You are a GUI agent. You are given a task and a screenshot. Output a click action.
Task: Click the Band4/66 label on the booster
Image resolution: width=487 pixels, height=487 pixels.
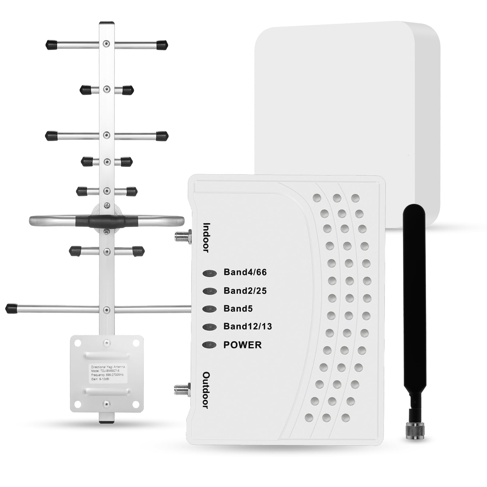click(245, 272)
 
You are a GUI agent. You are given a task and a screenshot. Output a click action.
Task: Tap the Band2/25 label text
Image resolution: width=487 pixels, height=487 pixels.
click(245, 291)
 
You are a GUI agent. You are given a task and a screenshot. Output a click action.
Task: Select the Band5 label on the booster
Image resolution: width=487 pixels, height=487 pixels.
click(238, 308)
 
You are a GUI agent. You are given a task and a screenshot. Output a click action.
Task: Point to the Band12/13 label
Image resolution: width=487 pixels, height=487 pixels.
click(248, 326)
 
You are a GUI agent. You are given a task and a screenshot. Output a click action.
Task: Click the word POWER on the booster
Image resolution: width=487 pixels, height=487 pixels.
click(242, 345)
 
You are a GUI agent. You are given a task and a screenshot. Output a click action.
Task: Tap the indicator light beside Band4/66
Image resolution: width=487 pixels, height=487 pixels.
click(210, 273)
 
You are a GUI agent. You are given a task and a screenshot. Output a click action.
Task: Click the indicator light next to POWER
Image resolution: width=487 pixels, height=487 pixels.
click(209, 345)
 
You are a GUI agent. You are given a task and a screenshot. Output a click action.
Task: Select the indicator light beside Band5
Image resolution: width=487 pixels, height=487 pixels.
click(209, 309)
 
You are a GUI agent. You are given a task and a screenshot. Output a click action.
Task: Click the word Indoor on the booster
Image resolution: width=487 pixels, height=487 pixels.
click(207, 238)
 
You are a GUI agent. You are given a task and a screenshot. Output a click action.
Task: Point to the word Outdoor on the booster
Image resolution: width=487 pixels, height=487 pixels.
click(206, 390)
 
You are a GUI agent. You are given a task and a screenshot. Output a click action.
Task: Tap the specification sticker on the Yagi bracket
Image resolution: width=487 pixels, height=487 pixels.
click(108, 374)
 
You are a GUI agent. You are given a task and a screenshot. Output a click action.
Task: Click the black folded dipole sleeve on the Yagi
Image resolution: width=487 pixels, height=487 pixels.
click(106, 221)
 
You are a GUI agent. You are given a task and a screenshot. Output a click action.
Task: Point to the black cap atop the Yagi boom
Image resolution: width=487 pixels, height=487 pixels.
click(107, 23)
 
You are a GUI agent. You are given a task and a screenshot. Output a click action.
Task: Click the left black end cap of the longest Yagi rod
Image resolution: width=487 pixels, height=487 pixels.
click(11, 308)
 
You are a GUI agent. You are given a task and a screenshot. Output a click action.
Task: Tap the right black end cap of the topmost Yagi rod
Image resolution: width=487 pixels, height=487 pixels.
click(162, 45)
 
